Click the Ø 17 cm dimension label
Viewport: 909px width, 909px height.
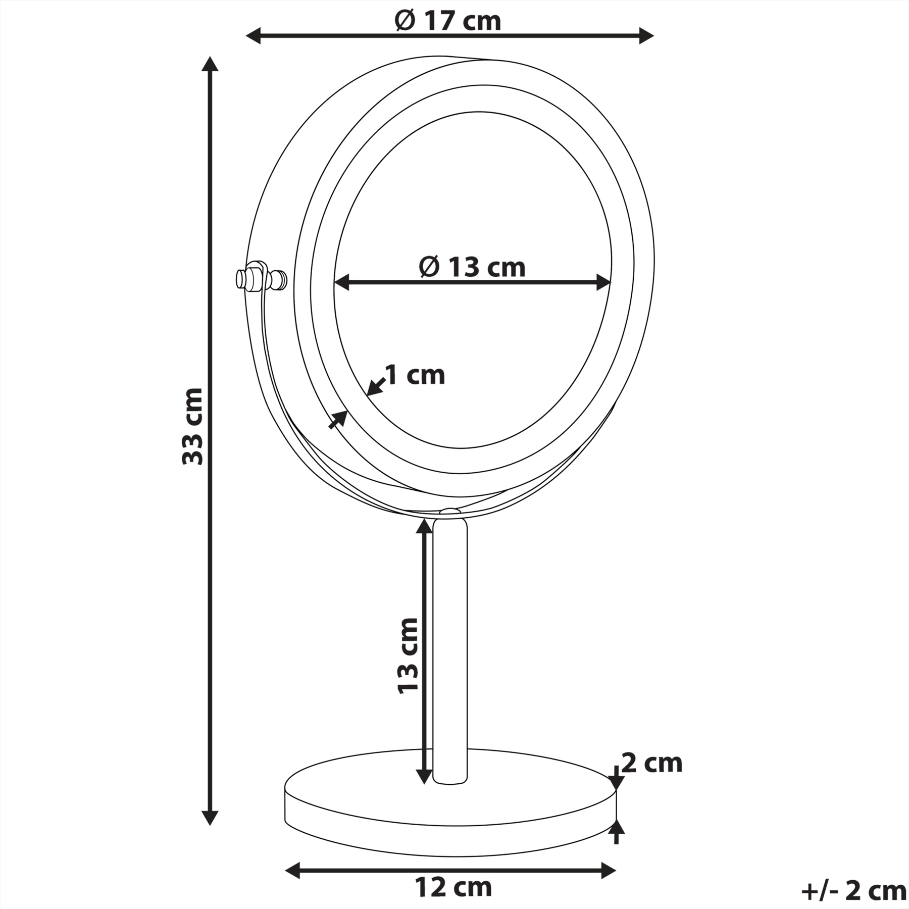point(447,21)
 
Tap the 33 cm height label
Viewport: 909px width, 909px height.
point(193,426)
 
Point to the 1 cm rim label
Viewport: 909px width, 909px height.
point(415,375)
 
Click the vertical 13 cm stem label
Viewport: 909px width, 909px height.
point(408,656)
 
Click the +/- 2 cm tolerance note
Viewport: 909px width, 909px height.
point(853,891)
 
